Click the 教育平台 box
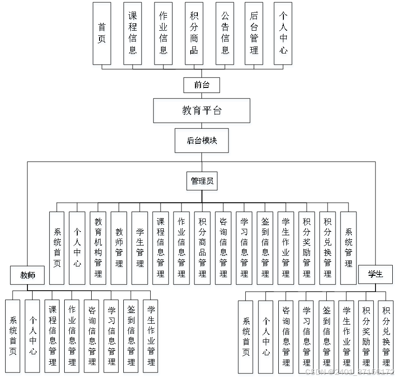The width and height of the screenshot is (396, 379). [201, 110]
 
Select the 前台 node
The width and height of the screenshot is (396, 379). [201, 85]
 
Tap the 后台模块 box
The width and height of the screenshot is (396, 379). [201, 140]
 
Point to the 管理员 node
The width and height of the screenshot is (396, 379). [202, 181]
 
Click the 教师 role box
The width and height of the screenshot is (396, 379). [28, 275]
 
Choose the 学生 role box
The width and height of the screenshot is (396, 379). [375, 274]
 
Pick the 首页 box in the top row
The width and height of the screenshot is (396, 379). [102, 33]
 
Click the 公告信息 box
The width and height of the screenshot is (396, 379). [225, 33]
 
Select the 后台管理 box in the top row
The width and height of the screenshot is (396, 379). [254, 33]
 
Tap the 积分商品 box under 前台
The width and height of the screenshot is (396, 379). [194, 33]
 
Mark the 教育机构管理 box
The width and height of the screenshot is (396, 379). [98, 248]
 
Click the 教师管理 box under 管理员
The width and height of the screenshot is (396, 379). [119, 248]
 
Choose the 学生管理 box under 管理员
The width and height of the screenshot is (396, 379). [140, 248]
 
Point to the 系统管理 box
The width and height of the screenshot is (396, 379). [349, 248]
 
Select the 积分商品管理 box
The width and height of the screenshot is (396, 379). [202, 248]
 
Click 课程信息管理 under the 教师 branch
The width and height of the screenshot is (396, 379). [52, 336]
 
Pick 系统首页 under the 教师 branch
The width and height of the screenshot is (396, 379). [13, 336]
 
